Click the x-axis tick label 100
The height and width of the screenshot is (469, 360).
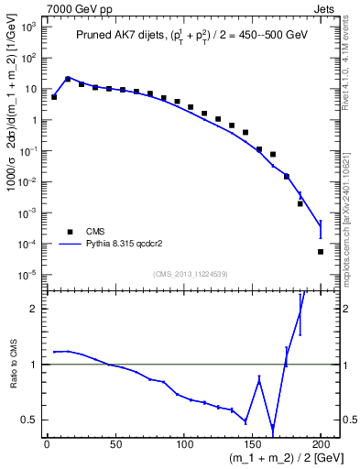coord(183,443)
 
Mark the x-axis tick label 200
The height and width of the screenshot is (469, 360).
coord(320,443)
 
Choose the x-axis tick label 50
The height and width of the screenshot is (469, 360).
coord(115,443)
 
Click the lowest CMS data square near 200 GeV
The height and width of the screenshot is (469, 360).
coord(321,252)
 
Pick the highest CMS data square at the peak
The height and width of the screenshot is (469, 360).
coord(68,79)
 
